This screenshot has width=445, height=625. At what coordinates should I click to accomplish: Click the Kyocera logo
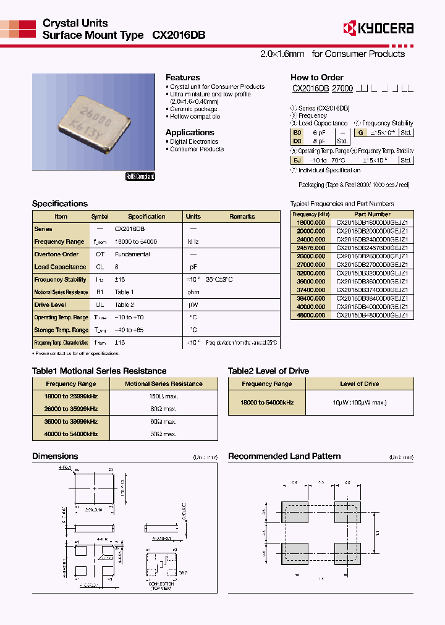coord(378,28)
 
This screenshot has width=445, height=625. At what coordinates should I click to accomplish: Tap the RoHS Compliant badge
coord(140,177)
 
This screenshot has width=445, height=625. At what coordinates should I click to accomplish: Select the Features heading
coord(182,77)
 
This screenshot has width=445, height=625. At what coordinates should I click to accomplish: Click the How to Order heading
coord(316,77)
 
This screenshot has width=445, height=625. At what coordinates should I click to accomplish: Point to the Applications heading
coord(190,132)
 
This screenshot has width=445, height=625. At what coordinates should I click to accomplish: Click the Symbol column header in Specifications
coord(100,217)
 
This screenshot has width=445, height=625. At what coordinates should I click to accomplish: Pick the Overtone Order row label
coord(56,254)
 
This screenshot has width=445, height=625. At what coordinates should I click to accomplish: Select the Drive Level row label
coord(50,304)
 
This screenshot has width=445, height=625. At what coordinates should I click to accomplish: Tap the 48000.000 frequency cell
coord(311,315)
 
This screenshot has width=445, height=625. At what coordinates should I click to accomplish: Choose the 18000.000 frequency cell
coord(311,222)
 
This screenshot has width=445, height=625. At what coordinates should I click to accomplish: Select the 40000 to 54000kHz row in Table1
coord(66,434)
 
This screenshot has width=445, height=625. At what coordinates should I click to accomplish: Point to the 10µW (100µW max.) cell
coord(359,403)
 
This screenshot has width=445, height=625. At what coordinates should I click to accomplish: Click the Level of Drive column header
coord(359,384)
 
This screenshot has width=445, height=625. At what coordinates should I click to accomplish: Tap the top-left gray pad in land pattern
coord(294,513)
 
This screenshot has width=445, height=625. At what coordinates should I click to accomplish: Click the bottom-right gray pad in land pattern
coord(347,552)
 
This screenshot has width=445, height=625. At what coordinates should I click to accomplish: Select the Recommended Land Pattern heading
coord(284,456)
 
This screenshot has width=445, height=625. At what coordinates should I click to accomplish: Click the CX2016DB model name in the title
coord(179,36)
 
